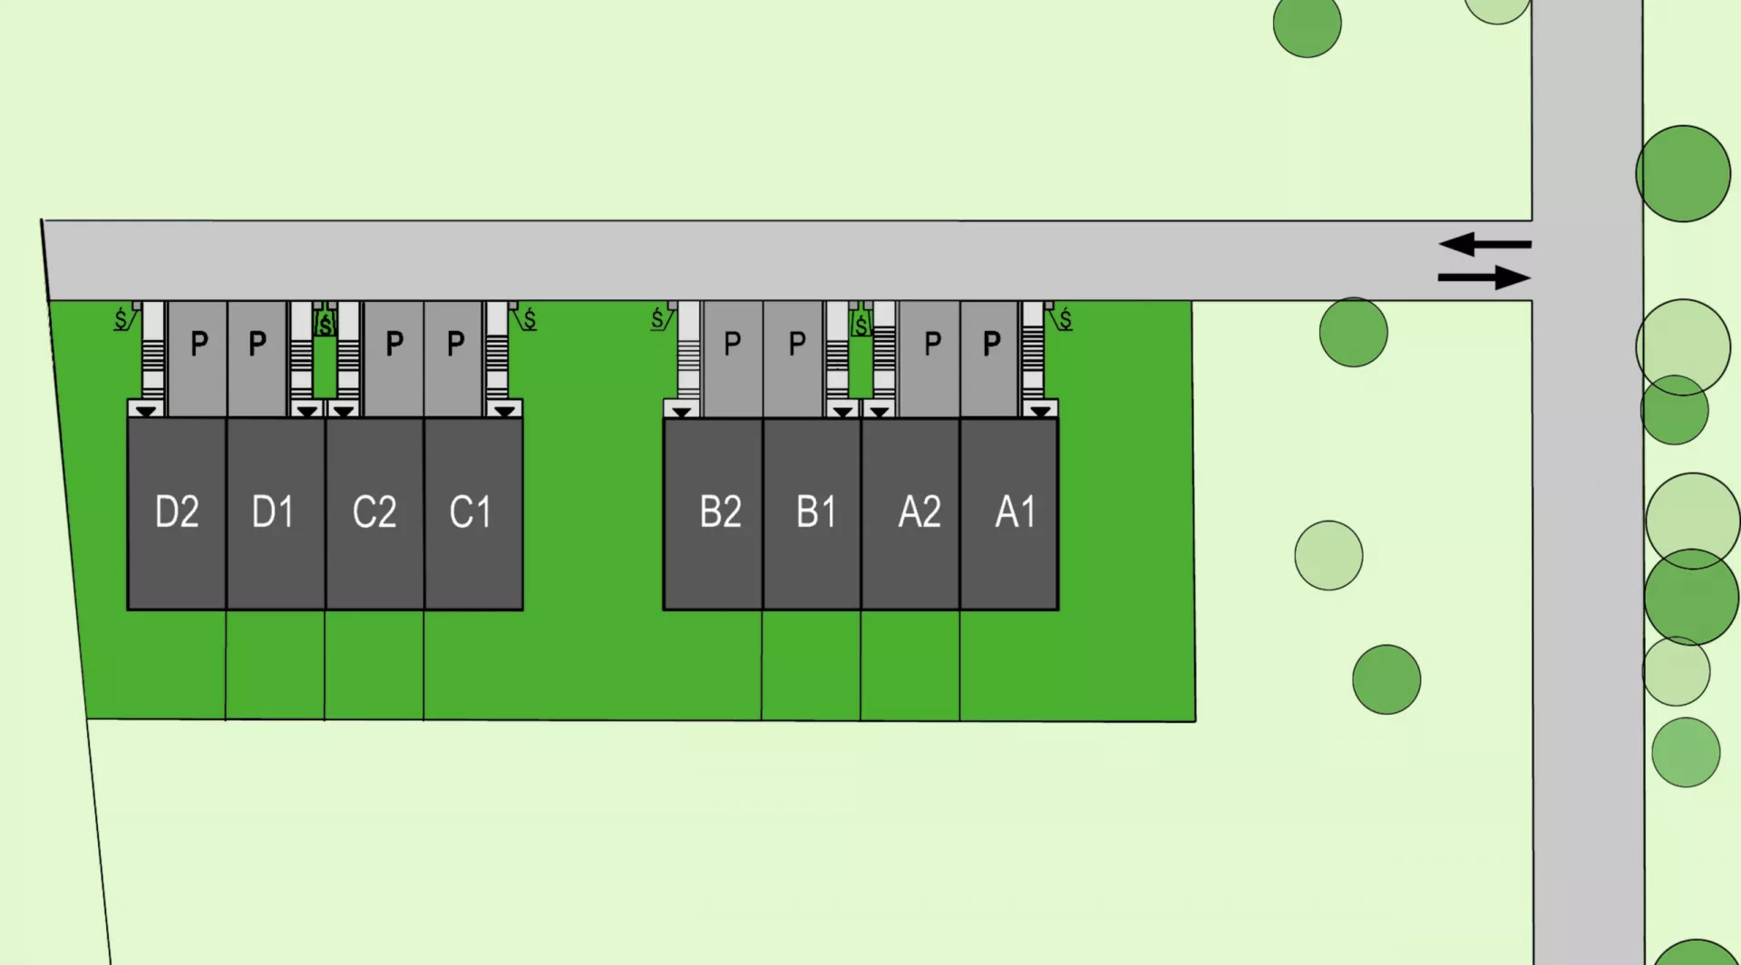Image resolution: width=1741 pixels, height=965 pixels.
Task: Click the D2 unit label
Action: (177, 512)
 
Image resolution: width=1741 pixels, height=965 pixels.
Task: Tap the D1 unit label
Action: (273, 512)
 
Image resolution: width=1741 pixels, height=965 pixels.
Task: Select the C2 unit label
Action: (374, 512)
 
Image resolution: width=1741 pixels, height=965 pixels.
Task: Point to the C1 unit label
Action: (471, 512)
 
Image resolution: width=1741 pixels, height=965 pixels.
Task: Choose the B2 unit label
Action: (721, 512)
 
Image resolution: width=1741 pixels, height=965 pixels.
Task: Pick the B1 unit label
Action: (816, 512)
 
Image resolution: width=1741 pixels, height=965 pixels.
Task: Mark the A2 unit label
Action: (919, 512)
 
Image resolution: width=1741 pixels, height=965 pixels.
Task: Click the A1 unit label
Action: (1016, 512)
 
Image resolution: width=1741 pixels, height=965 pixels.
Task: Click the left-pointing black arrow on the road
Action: (1484, 244)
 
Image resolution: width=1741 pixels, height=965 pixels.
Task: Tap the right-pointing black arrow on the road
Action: (1484, 277)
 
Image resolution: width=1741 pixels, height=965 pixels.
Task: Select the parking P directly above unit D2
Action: (199, 344)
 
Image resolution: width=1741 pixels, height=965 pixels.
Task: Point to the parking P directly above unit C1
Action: (456, 344)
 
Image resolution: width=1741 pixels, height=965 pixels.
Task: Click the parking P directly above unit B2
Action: (733, 344)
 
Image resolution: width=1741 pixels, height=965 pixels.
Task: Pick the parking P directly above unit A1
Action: (992, 344)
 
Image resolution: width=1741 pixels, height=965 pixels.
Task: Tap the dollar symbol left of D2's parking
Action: (121, 319)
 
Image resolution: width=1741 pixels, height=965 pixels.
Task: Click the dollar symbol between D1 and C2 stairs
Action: (326, 324)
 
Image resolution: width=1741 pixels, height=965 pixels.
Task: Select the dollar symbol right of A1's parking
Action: (1065, 319)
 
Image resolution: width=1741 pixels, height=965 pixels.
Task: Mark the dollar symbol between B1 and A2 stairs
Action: (861, 324)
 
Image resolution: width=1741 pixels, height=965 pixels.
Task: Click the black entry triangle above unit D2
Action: (147, 411)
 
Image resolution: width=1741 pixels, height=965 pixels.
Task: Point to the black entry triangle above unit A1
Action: (1040, 411)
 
